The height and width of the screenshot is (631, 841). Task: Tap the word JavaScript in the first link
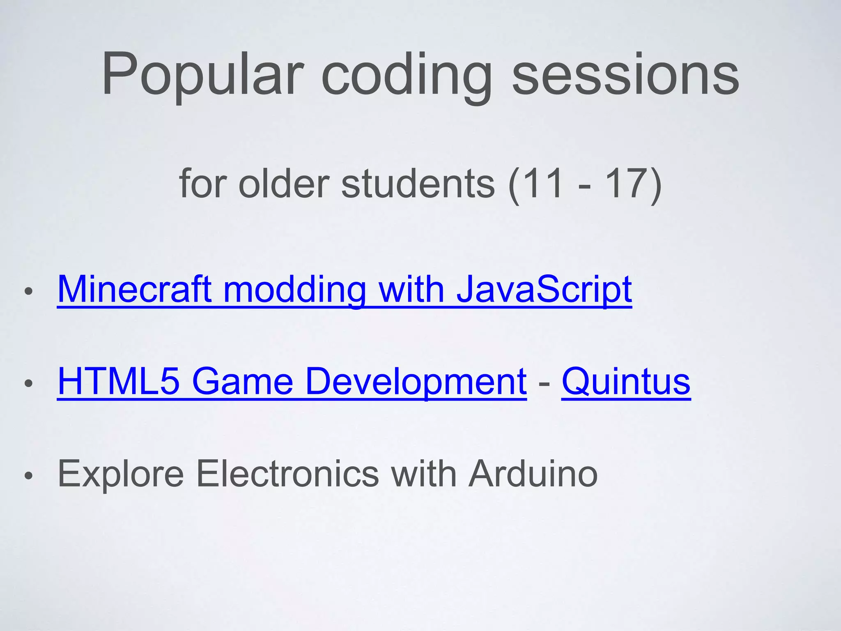[x=544, y=290]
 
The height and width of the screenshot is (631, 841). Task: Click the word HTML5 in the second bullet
[x=119, y=382]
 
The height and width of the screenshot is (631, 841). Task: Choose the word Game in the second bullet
[x=242, y=382]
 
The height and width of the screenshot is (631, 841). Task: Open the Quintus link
[x=626, y=382]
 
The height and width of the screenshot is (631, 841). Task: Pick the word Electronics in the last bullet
[x=287, y=474]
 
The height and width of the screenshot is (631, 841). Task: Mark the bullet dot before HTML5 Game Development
[x=28, y=384]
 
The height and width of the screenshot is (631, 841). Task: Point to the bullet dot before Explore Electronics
[x=28, y=476]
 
